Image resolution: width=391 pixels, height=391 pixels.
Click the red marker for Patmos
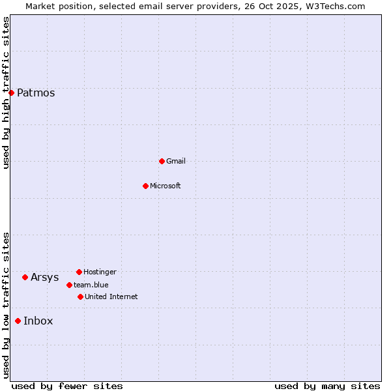pos(11,93)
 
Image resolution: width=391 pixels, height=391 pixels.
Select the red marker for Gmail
pos(162,161)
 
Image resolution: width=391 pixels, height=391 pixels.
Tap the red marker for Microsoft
pos(145,186)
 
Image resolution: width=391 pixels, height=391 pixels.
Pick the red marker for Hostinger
pos(79,272)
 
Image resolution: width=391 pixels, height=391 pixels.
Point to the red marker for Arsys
pos(25,277)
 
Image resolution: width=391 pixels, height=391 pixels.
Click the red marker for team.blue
pos(69,285)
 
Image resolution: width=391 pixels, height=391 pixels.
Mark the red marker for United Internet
pos(80,297)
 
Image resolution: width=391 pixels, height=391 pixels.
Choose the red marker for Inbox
pos(18,321)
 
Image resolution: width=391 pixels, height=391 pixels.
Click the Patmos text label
pos(36,93)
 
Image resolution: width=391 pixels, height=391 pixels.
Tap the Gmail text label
pos(176,161)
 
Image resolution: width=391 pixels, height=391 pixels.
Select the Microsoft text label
pos(166,186)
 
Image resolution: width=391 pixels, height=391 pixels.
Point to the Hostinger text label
pos(100,272)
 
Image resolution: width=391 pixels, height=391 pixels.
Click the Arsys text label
pos(44,277)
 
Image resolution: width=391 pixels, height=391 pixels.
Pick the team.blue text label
pos(91,285)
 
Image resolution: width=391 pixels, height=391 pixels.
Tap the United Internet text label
pos(111,297)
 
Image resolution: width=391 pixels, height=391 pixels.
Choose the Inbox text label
pos(38,321)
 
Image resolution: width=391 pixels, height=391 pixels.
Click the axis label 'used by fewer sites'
pos(67,386)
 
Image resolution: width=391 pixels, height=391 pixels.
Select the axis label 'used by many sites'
pos(327,386)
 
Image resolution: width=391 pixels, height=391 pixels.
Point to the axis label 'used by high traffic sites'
pos(6,93)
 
